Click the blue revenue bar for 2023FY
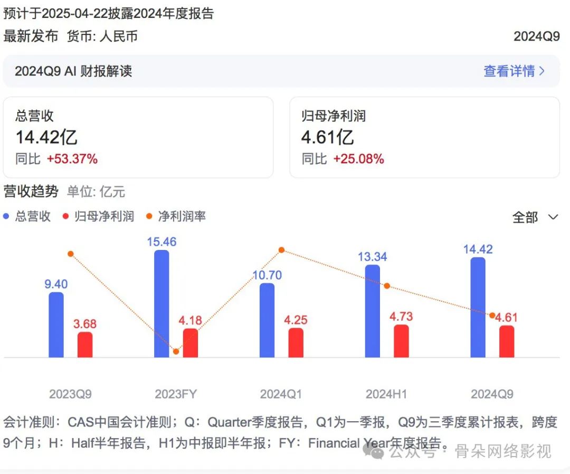pyautogui.click(x=161, y=304)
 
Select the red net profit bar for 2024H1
pyautogui.click(x=401, y=341)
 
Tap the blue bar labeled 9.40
pyautogui.click(x=56, y=325)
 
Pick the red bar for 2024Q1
pyautogui.click(x=296, y=343)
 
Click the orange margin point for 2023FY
pyautogui.click(x=176, y=351)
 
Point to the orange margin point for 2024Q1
pyautogui.click(x=281, y=249)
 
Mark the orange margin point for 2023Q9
pyautogui.click(x=70, y=254)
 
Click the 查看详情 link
pyautogui.click(x=514, y=71)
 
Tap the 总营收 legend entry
pyautogui.click(x=27, y=216)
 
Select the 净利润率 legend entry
pyautogui.click(x=176, y=216)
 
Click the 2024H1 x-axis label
pyautogui.click(x=386, y=394)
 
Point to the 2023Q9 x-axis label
pyautogui.click(x=70, y=394)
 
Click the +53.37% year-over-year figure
pyautogui.click(x=72, y=159)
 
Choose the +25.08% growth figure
pyautogui.click(x=358, y=159)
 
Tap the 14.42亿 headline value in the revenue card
pyautogui.click(x=46, y=137)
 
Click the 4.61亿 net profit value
pyautogui.click(x=327, y=137)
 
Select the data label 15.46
pyautogui.click(x=162, y=242)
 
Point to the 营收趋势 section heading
pyautogui.click(x=31, y=191)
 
